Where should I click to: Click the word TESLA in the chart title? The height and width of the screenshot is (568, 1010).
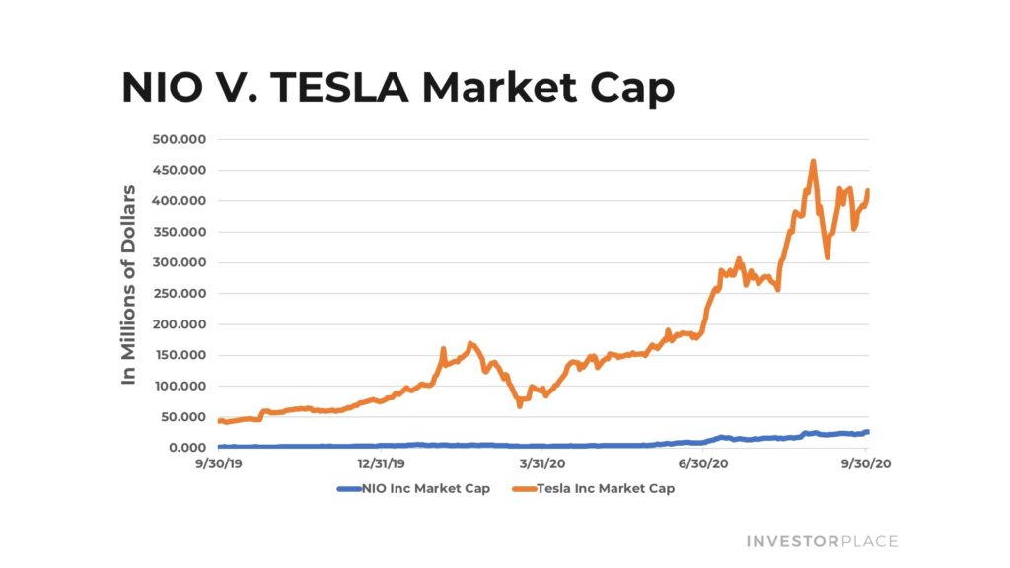pos(339,88)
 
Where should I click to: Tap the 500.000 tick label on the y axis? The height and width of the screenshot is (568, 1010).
pos(179,139)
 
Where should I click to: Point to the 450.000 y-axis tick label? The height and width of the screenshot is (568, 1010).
pos(179,170)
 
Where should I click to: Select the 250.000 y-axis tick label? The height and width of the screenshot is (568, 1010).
pos(179,294)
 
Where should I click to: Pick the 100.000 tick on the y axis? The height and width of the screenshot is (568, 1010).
pos(179,387)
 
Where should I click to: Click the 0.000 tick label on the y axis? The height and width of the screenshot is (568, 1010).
pos(182,448)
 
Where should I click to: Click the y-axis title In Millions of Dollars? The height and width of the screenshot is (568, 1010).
pos(128,284)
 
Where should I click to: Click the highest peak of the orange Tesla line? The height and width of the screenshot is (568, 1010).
pos(813,161)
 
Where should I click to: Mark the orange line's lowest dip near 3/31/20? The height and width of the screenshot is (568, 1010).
pos(520,404)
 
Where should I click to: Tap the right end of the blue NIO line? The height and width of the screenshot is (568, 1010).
pos(867,431)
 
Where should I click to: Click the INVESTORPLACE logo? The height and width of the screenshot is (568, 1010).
pos(822,541)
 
